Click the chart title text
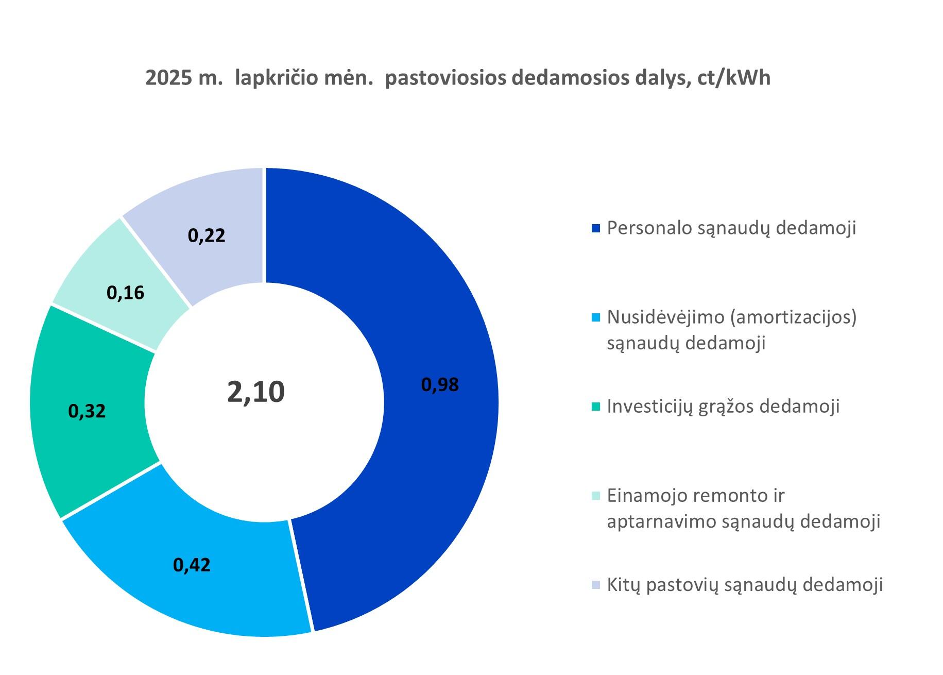[458, 78]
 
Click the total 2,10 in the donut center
[256, 392]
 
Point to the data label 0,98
[440, 385]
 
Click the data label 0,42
[192, 565]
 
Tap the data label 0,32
[87, 411]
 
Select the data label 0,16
[125, 293]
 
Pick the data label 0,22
[207, 235]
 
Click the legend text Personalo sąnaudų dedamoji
[731, 228]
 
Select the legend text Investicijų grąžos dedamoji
[723, 406]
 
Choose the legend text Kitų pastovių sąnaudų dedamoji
[745, 585]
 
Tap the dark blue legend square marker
[596, 228]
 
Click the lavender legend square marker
[596, 585]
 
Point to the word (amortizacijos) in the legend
[793, 317]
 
